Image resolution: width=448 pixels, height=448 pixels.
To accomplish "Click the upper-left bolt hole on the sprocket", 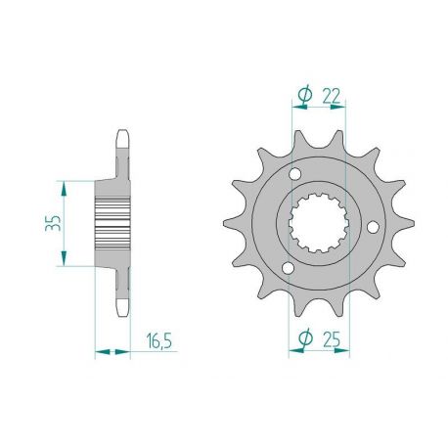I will [x=297, y=172].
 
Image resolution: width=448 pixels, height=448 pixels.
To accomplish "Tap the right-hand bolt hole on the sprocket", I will [x=373, y=226].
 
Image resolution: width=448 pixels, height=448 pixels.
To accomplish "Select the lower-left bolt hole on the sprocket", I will [x=287, y=268].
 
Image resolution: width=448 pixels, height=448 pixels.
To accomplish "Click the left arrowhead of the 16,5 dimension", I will [x=98, y=349].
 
